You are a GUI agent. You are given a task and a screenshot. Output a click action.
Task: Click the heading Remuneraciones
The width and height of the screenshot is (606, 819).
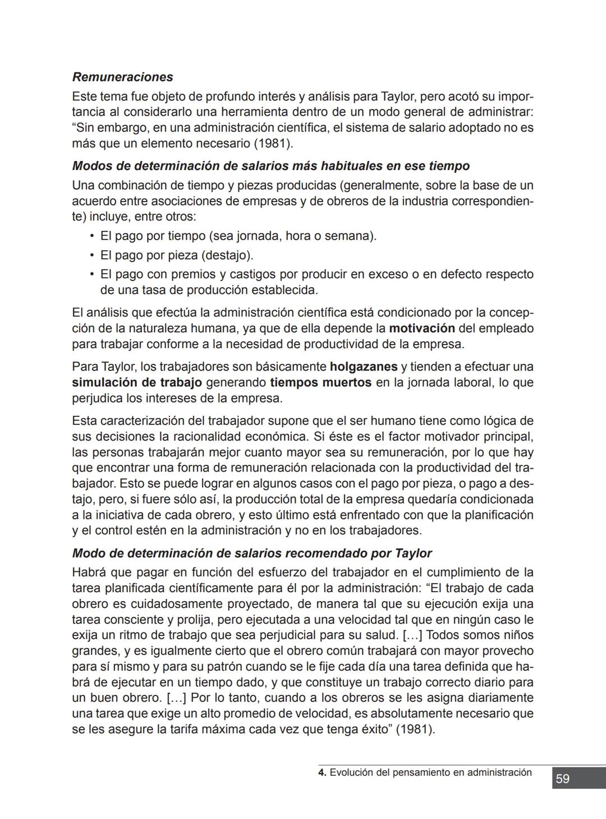click(122, 77)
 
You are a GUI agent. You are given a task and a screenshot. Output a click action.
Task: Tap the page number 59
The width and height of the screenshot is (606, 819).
click(562, 779)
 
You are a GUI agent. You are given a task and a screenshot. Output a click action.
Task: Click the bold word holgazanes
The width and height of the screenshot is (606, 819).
click(364, 367)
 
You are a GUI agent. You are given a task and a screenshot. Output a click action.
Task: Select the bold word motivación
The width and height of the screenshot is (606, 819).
click(421, 328)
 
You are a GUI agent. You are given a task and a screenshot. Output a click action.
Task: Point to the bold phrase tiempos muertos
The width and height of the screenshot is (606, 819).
click(320, 382)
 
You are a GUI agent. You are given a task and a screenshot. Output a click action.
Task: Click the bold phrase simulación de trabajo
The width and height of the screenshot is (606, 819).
click(137, 382)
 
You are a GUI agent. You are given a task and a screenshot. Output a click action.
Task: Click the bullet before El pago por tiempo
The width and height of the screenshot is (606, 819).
click(92, 236)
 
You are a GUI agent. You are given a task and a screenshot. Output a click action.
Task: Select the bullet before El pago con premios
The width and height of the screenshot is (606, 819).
click(92, 274)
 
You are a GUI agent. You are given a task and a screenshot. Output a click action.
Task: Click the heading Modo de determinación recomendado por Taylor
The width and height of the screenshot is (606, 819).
click(252, 553)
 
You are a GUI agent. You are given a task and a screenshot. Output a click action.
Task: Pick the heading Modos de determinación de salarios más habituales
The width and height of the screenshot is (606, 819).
click(270, 166)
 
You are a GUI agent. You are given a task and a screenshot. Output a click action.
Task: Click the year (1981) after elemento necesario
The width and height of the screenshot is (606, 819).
click(273, 143)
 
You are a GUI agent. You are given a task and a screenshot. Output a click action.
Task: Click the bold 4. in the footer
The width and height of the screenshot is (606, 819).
click(322, 772)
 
